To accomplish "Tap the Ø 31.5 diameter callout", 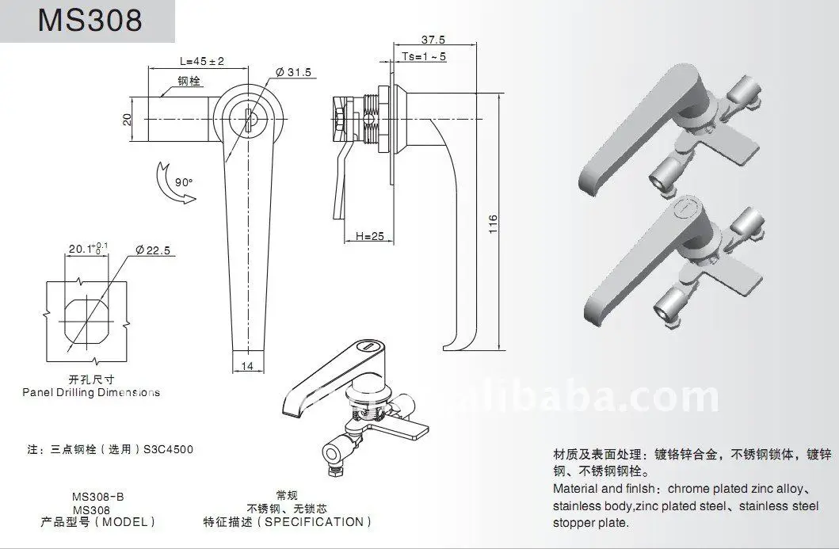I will click(295, 73).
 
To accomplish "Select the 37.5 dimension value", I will click(433, 40).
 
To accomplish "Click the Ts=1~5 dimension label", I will click(425, 56).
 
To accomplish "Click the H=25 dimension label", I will click(369, 236).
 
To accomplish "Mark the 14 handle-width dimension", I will click(248, 365).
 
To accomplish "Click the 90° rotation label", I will click(184, 181).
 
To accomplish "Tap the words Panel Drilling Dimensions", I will click(91, 392).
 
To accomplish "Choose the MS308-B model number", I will click(97, 497).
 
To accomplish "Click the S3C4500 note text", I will click(169, 449).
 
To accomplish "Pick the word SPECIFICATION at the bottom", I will click(315, 522).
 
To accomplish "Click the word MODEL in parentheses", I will click(125, 522).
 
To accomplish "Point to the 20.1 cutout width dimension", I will click(82, 249).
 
